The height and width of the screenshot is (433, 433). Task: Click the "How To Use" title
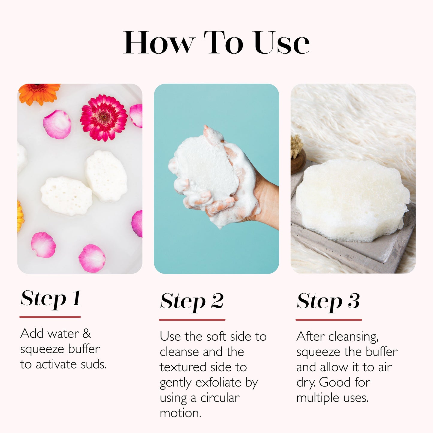pos(216,43)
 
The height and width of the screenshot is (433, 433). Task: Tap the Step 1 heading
pos(50,298)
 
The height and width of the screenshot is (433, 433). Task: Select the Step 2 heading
pos(192,301)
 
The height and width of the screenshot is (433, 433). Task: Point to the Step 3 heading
pos(328,301)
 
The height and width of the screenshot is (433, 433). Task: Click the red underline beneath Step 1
pos(50,317)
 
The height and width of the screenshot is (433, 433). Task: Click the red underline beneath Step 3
pos(329,320)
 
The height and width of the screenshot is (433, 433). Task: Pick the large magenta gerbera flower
pos(104,117)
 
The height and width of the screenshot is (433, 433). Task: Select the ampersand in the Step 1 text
pos(87,334)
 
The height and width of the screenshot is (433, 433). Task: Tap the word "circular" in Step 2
pos(220,398)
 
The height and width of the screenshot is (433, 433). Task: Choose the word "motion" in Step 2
pos(180,413)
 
